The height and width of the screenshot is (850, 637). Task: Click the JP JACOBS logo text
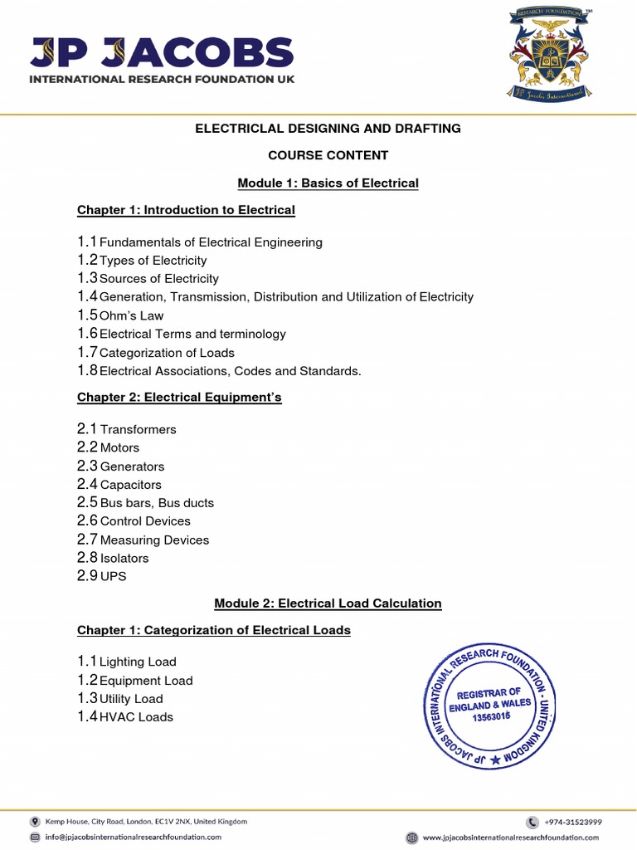[x=162, y=54]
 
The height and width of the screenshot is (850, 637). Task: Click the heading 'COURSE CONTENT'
[x=328, y=155]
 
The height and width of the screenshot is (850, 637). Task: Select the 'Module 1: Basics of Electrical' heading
[x=328, y=183]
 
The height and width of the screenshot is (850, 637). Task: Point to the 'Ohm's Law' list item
[x=131, y=315]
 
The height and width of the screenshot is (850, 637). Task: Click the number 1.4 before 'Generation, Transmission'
[x=87, y=296]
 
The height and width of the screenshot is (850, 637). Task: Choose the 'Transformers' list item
[x=138, y=429]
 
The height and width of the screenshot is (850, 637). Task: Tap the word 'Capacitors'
[x=130, y=485]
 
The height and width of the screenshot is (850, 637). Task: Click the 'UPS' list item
[x=113, y=576]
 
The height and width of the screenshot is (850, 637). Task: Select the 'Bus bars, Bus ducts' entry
[x=157, y=503]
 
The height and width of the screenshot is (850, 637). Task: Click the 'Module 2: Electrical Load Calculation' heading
[x=328, y=603]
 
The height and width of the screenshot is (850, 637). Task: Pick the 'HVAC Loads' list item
[x=136, y=717]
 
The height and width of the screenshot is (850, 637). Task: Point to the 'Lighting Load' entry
[x=138, y=662]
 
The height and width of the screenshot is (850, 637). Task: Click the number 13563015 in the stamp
[x=491, y=718]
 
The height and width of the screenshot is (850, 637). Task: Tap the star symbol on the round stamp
[x=495, y=760]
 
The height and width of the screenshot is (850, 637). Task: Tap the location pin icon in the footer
[x=35, y=822]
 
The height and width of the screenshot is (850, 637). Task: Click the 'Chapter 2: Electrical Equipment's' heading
[x=179, y=398]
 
